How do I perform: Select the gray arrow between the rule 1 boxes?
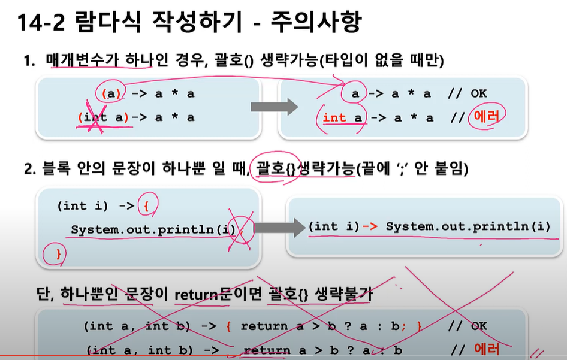coord(273,108)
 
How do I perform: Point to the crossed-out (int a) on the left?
coord(104,117)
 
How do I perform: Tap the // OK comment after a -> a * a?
coord(471,94)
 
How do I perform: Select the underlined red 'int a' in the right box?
coord(343,118)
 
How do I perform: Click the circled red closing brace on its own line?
coord(58,255)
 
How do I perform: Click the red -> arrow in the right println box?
coord(370,226)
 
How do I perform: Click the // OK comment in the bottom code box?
coord(471,326)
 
